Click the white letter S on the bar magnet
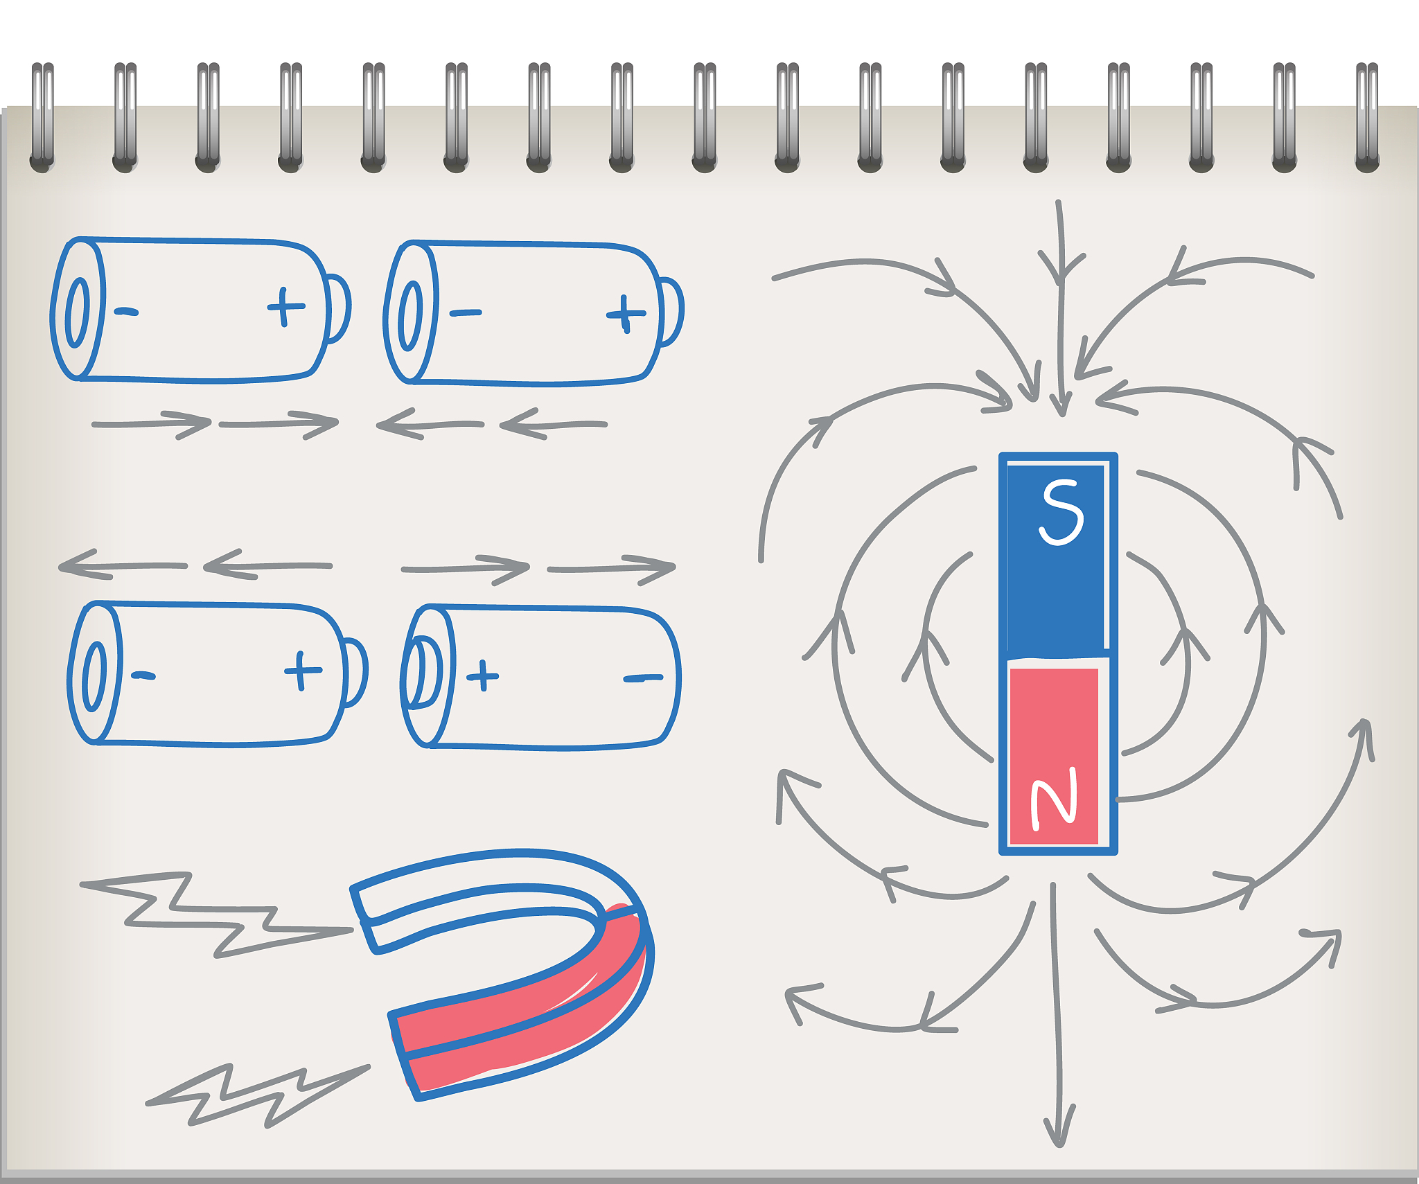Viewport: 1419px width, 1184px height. tap(1061, 512)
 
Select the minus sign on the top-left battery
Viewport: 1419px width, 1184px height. tap(126, 312)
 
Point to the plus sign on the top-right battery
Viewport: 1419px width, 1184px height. tap(626, 314)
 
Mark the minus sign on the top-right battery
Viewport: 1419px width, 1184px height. tap(465, 313)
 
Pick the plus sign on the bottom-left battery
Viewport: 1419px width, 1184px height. tap(303, 670)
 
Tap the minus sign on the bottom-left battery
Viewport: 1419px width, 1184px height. tap(143, 675)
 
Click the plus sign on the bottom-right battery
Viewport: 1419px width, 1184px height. tap(482, 675)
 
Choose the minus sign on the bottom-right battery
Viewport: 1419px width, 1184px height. tap(643, 678)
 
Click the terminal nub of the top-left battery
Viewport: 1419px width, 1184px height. tap(338, 308)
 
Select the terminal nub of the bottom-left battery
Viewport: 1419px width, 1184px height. tap(355, 672)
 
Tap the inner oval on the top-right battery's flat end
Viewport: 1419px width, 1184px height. tap(411, 315)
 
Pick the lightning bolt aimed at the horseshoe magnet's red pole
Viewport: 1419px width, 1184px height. tap(258, 1095)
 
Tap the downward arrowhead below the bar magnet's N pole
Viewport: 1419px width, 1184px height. tap(1059, 1126)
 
